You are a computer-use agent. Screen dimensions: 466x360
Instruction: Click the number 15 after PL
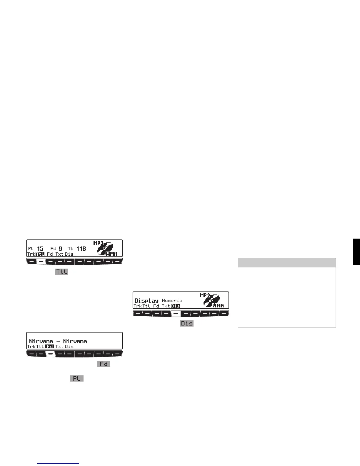click(40, 249)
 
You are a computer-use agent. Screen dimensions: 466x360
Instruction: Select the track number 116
click(81, 249)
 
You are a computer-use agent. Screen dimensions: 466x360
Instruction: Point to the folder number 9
click(60, 249)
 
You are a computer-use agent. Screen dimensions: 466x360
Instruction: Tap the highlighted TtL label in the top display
click(40, 254)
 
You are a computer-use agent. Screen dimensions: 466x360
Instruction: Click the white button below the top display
click(41, 261)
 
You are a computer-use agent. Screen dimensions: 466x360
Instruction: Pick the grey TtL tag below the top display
click(61, 272)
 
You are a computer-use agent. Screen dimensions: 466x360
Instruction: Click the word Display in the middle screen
click(146, 301)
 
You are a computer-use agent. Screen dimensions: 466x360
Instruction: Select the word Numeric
click(172, 301)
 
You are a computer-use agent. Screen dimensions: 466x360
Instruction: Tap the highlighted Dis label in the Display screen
click(175, 306)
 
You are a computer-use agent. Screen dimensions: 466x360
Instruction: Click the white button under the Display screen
click(176, 313)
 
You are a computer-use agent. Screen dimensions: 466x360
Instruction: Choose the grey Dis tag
click(187, 323)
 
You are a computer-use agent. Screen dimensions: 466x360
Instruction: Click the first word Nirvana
click(41, 341)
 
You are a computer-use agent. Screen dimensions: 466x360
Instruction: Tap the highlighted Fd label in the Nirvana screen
click(50, 347)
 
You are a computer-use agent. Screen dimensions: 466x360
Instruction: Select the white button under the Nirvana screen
click(50, 354)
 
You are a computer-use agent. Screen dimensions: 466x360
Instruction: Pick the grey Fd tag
click(104, 364)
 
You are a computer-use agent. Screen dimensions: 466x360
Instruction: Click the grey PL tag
click(76, 378)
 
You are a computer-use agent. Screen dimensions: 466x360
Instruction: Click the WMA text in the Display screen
click(218, 306)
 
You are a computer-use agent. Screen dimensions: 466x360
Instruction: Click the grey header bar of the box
click(286, 262)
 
